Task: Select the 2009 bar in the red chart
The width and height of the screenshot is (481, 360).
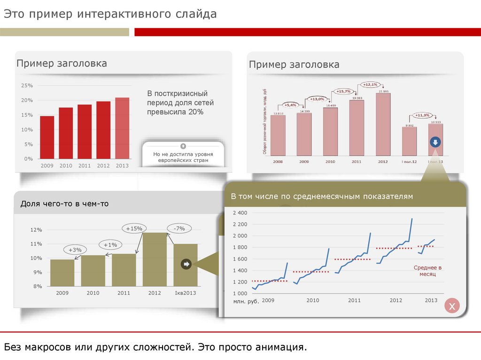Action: [x=47, y=137]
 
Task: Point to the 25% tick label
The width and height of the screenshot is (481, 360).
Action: [x=27, y=85]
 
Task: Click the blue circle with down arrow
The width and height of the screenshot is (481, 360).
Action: [x=435, y=142]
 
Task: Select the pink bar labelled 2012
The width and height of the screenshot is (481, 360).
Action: [x=383, y=124]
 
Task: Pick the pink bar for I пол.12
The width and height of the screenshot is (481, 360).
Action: [x=409, y=141]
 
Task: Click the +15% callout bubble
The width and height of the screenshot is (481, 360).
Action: [x=134, y=229]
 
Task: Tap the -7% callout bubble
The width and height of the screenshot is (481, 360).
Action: [x=179, y=229]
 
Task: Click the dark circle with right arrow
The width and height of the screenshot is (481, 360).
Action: [x=186, y=264]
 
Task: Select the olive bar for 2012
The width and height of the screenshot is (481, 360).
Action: [x=155, y=259]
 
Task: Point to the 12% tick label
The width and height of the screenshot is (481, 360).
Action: [x=36, y=230]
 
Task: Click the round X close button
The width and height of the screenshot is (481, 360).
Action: [x=452, y=307]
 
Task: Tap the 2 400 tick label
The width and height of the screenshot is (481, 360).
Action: [x=240, y=213]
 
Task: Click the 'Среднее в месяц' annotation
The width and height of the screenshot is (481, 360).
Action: [x=425, y=271]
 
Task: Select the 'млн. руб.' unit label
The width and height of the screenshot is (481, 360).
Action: [x=246, y=301]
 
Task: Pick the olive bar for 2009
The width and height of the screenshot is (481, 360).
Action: [x=62, y=273]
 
